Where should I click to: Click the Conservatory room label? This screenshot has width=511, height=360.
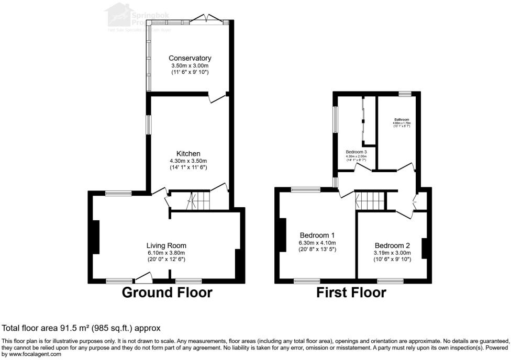coord(190,58)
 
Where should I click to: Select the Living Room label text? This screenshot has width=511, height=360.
coord(166,245)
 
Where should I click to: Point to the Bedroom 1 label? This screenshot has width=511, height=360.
coord(318,235)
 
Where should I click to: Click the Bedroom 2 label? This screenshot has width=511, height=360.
coord(392,245)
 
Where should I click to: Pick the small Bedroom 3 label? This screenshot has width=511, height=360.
coord(356,152)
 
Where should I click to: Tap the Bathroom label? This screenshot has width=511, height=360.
coord(402,120)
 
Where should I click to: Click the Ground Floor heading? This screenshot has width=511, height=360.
coord(167,292)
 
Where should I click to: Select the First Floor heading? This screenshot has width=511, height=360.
coord(351,292)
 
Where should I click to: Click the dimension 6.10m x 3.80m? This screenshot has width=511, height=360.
coord(166,253)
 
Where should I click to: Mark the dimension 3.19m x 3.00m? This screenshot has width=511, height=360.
coord(392,253)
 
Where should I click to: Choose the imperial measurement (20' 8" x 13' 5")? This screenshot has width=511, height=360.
coord(318,250)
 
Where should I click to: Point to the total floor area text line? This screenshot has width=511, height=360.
coord(81,328)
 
